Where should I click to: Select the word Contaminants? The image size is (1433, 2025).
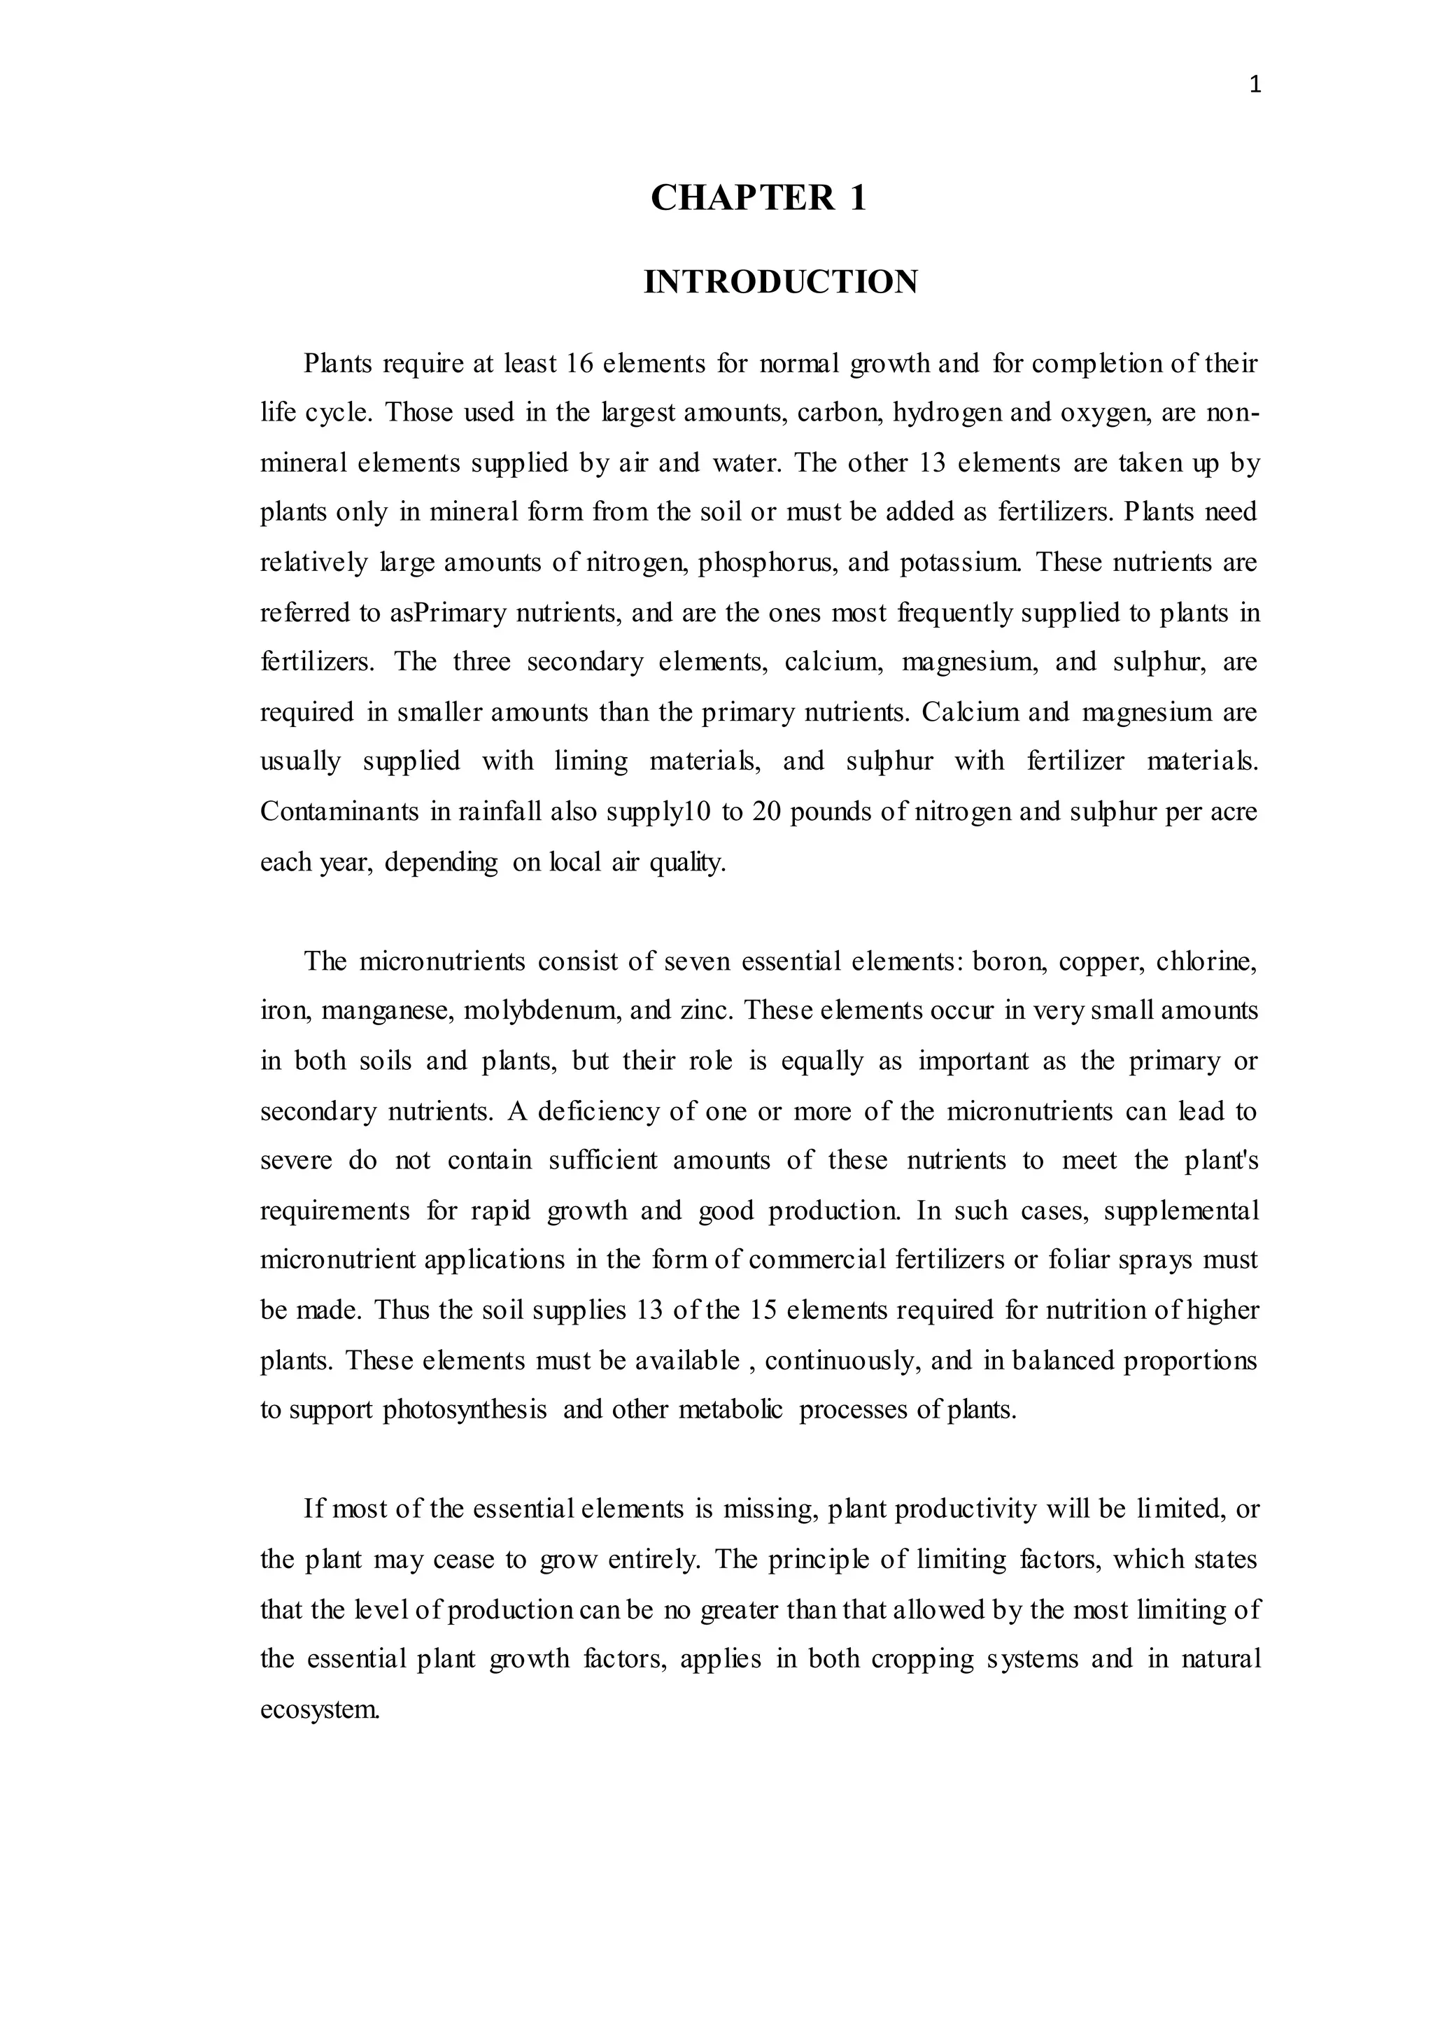pyautogui.click(x=339, y=812)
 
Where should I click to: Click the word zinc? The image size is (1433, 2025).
pyautogui.click(x=707, y=1010)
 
